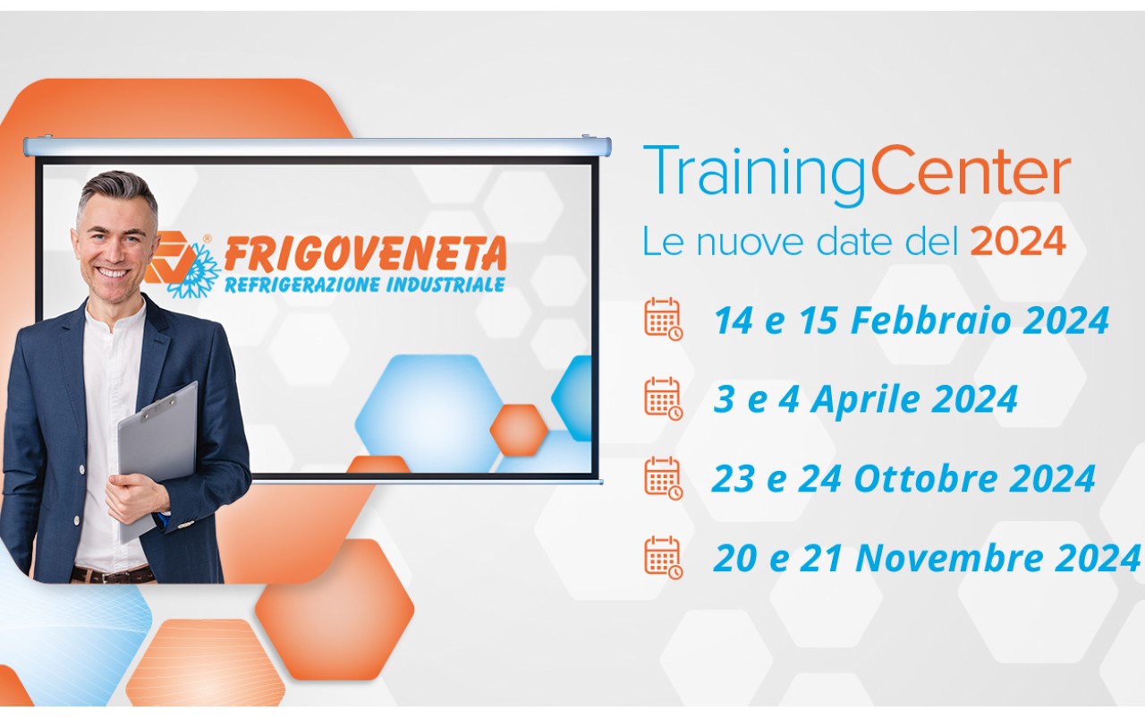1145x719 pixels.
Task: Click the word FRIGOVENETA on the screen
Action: pos(365,255)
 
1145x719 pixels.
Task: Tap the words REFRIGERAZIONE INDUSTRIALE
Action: pos(364,286)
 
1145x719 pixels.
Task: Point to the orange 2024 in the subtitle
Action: pos(1019,241)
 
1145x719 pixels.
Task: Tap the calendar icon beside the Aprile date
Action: pos(663,398)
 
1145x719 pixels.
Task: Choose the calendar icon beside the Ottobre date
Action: pos(663,478)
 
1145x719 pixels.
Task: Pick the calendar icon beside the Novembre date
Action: pos(663,557)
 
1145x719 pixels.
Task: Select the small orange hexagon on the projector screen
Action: pos(518,428)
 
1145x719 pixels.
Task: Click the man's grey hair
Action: pos(116,189)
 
